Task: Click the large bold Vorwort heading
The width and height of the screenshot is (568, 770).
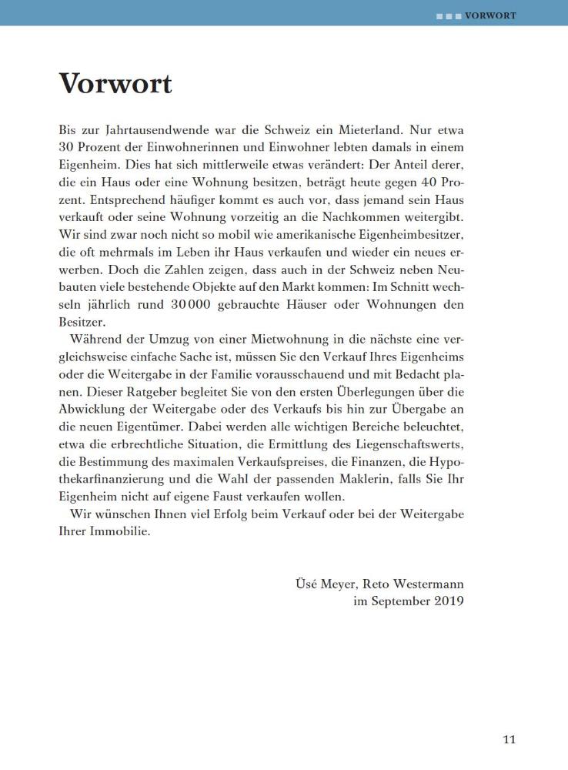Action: pyautogui.click(x=115, y=84)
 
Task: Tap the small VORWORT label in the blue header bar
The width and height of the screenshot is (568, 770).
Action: pyautogui.click(x=490, y=15)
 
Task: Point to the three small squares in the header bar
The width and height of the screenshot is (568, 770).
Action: pyautogui.click(x=449, y=15)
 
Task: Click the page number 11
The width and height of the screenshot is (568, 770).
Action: pyautogui.click(x=510, y=741)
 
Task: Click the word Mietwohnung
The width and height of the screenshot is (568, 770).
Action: pyautogui.click(x=273, y=341)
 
